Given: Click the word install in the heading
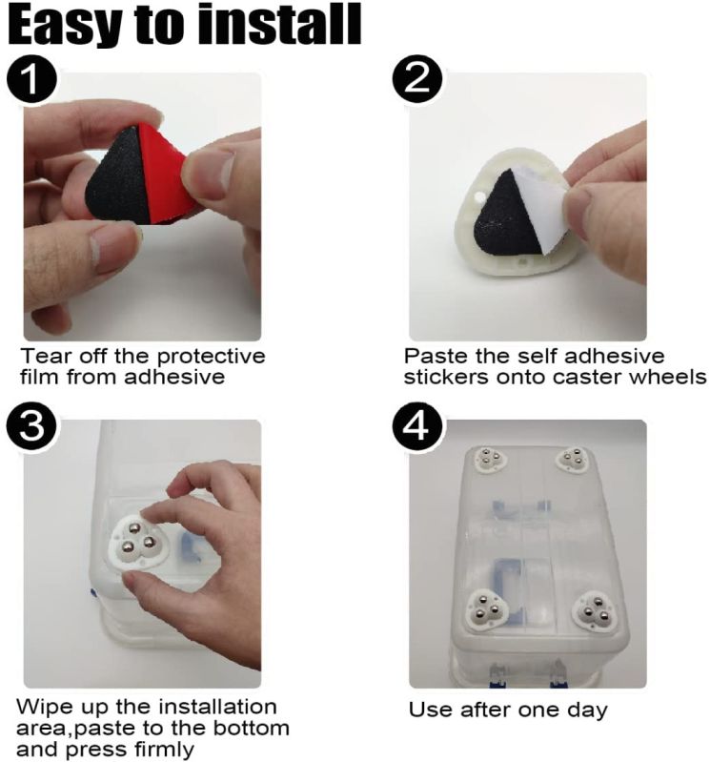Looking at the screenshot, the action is (280, 22).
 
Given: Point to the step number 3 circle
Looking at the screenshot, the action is (31, 427).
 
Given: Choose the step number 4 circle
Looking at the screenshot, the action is (417, 427).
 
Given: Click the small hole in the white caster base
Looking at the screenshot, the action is (480, 196).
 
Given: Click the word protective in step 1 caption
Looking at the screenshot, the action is (212, 357).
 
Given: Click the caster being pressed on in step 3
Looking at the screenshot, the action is (137, 542).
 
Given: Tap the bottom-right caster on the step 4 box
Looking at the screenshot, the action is (595, 611).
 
